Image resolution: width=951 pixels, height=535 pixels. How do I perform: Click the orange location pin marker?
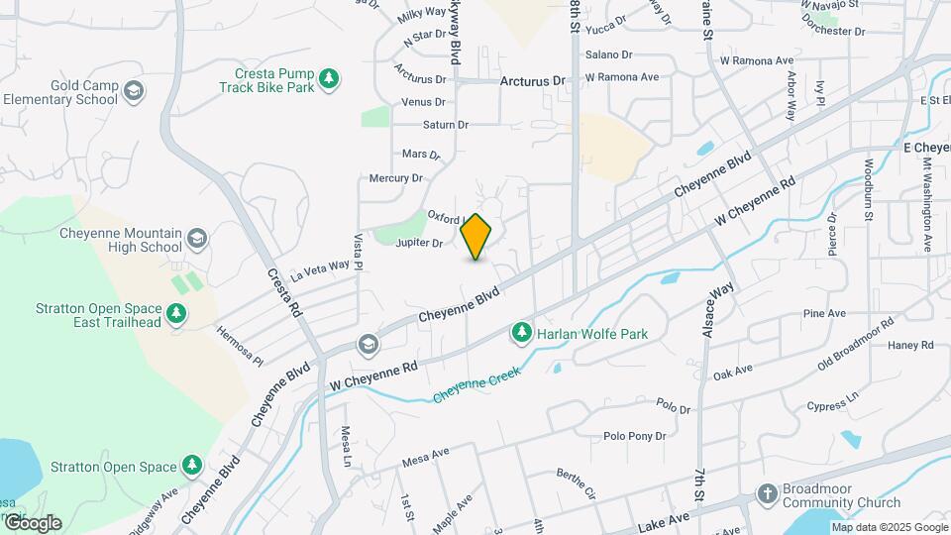(x=476, y=237)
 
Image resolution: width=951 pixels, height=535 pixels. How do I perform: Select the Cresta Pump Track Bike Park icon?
(x=330, y=79)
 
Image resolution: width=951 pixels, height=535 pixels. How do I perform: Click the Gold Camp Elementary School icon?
(x=134, y=92)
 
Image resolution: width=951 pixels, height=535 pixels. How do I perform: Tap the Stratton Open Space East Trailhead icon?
(x=176, y=314)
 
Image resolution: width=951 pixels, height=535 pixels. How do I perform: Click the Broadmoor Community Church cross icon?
(x=766, y=493)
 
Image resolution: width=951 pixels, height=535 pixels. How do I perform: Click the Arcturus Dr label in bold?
(x=532, y=80)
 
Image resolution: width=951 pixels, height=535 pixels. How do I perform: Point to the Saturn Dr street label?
(x=445, y=125)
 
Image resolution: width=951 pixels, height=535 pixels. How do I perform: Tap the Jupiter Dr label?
(x=418, y=243)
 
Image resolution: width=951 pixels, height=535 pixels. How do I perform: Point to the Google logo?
(x=32, y=523)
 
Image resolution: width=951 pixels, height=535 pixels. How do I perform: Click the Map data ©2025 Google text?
(x=889, y=528)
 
